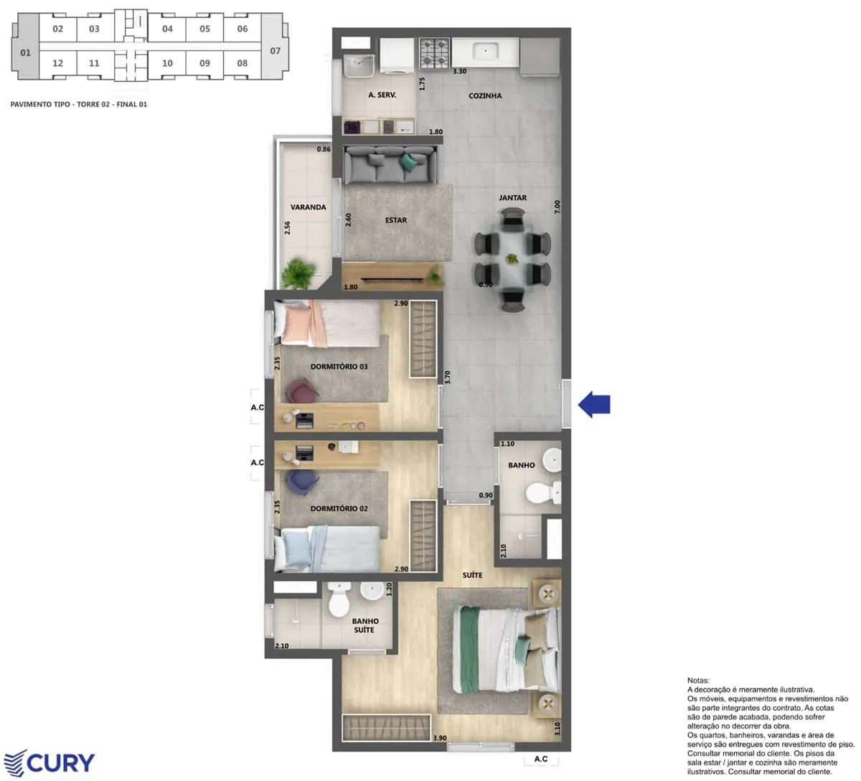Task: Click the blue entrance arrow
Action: pyautogui.click(x=594, y=404)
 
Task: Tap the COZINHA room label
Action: pyautogui.click(x=485, y=95)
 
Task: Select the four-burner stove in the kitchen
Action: pyautogui.click(x=434, y=53)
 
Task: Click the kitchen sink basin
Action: pyautogui.click(x=486, y=51)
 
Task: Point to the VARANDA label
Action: pyautogui.click(x=309, y=207)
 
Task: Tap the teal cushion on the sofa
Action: pyautogui.click(x=408, y=162)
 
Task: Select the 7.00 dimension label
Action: pyautogui.click(x=557, y=207)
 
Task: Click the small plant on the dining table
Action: pyautogui.click(x=512, y=258)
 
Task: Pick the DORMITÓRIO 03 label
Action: pyautogui.click(x=339, y=366)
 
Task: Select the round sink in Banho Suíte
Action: pyautogui.click(x=372, y=591)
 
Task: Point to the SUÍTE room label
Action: pyautogui.click(x=472, y=575)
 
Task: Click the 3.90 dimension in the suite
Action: pyautogui.click(x=440, y=738)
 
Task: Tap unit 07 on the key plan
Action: pyautogui.click(x=275, y=51)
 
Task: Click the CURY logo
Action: pyautogui.click(x=49, y=762)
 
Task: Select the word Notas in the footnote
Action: pyautogui.click(x=698, y=680)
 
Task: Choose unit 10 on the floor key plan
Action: pyautogui.click(x=167, y=63)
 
